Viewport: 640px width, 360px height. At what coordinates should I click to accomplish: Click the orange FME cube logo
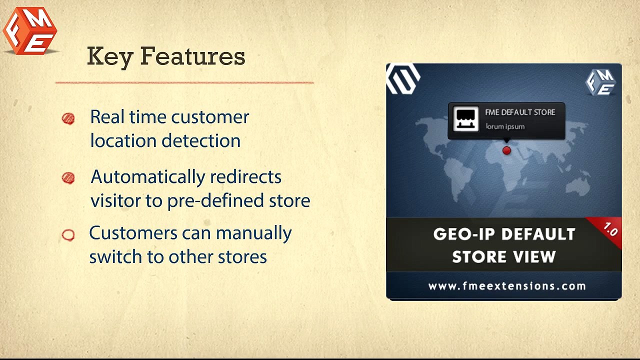(30, 31)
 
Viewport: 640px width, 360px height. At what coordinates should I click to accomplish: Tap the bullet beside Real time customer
(68, 118)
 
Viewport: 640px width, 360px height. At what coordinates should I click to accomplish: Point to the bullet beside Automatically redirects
(68, 178)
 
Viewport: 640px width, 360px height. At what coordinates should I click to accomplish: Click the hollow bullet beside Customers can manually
(68, 235)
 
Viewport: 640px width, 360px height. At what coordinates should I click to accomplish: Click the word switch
(116, 257)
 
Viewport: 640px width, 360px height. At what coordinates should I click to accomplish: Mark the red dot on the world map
(506, 150)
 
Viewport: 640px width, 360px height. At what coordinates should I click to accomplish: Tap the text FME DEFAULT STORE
(520, 112)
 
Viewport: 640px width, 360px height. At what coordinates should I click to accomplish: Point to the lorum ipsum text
(505, 126)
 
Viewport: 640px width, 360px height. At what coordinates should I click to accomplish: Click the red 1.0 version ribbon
(610, 230)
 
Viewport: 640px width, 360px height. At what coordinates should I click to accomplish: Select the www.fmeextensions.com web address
(507, 286)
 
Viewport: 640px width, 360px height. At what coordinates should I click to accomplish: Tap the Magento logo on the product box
(402, 79)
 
